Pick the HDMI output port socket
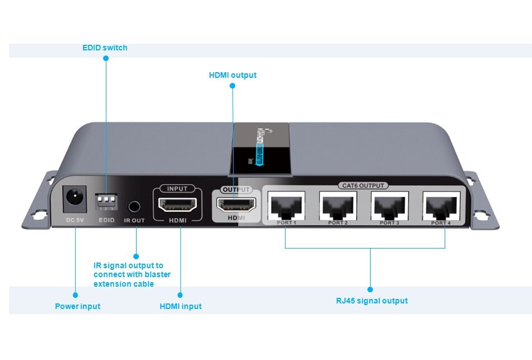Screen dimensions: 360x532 (x=236, y=205)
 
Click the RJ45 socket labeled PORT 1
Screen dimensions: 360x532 (x=287, y=205)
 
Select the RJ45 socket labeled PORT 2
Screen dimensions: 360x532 (x=338, y=205)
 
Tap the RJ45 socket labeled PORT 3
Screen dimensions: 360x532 (x=389, y=205)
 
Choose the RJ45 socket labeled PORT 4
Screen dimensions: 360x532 (x=441, y=205)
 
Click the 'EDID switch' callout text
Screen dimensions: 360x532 (x=105, y=48)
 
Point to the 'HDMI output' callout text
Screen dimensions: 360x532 (x=232, y=75)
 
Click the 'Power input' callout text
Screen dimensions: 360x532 (x=77, y=306)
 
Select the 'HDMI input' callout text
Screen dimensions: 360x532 (x=180, y=306)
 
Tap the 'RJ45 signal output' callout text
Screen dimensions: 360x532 (x=371, y=301)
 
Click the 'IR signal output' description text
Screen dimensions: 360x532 (x=132, y=274)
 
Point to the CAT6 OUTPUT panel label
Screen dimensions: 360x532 (x=363, y=185)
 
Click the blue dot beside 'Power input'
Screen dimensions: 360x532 (x=75, y=294)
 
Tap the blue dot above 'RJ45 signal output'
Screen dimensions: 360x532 (x=370, y=289)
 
